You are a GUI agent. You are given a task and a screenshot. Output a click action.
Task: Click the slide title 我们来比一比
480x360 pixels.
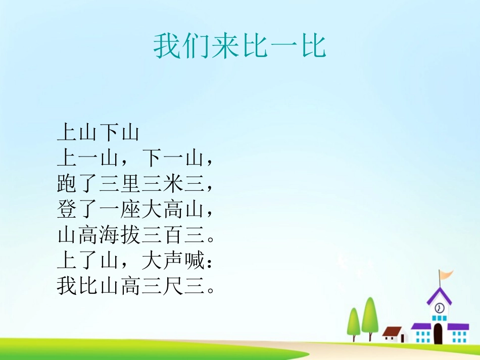coord(240,46)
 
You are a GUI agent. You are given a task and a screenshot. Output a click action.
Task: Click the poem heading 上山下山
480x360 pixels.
coord(98,133)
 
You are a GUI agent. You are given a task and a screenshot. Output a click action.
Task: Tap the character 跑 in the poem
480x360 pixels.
coord(67,185)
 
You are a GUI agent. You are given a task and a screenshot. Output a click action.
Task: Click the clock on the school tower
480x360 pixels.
coord(440,307)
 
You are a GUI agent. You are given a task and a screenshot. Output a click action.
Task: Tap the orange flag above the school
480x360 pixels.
coord(445,275)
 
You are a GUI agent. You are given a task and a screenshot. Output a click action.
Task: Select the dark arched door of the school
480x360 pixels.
coord(438,334)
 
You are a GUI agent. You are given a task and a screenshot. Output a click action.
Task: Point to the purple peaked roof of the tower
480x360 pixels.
coord(439,295)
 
